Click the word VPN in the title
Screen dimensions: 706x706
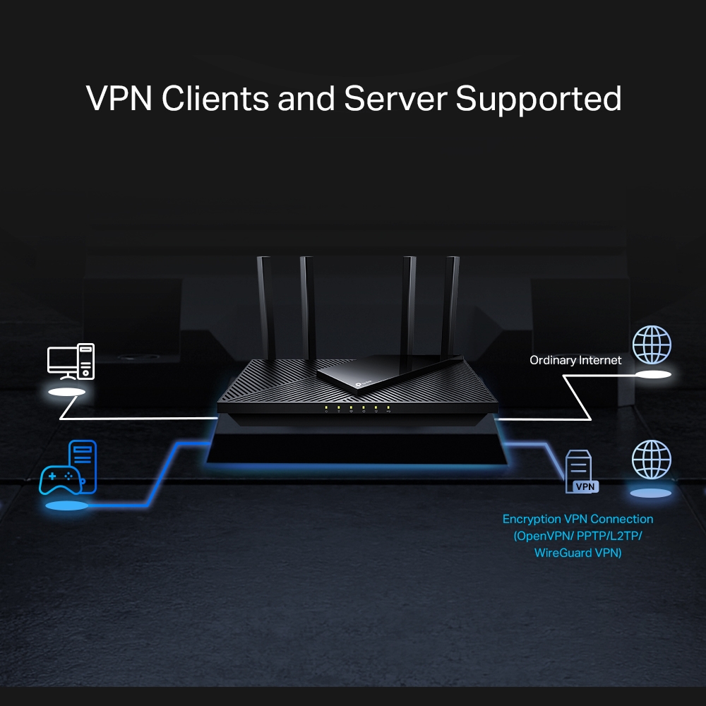119,99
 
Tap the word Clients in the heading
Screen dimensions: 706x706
215,99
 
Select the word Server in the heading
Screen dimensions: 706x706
396,99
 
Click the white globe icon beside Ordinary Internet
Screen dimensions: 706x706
652,345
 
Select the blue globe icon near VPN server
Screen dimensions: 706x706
652,460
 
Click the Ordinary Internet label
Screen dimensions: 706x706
575,360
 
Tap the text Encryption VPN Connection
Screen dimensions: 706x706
578,519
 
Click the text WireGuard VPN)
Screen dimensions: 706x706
578,553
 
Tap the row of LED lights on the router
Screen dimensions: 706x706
357,407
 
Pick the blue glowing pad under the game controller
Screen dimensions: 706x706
66,505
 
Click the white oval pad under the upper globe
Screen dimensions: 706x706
652,374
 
